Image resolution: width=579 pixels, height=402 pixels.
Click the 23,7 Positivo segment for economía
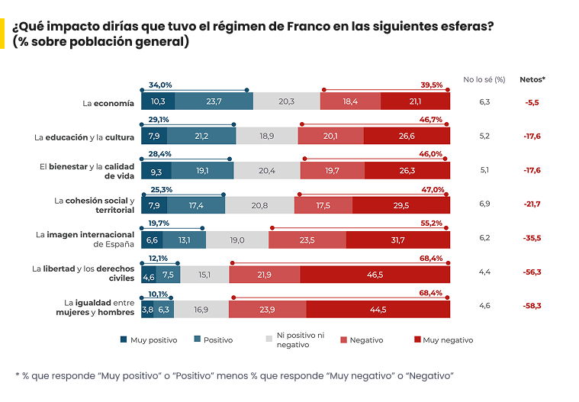point(214,101)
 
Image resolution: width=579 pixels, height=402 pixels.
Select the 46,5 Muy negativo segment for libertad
point(375,275)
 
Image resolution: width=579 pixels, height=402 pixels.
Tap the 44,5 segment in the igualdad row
point(378,309)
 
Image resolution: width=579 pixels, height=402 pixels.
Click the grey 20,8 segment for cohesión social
point(259,205)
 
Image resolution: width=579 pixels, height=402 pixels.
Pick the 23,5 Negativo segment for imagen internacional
point(307,240)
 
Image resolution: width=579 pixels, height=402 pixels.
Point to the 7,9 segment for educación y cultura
point(153,136)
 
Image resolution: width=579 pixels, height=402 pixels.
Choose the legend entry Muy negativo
point(447,340)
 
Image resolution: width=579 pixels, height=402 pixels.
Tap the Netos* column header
point(532,79)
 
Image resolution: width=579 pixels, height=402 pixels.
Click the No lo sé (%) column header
point(484,79)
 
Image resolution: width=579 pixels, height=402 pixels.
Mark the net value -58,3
point(532,305)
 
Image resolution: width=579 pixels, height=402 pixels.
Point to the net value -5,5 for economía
point(532,101)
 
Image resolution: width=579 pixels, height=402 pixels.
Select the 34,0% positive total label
point(160,85)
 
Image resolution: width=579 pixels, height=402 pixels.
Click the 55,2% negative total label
point(433,223)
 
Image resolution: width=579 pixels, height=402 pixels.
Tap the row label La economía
point(108,102)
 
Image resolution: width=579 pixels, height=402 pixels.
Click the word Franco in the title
point(306,26)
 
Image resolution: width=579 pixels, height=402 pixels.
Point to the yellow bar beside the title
point(3,34)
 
